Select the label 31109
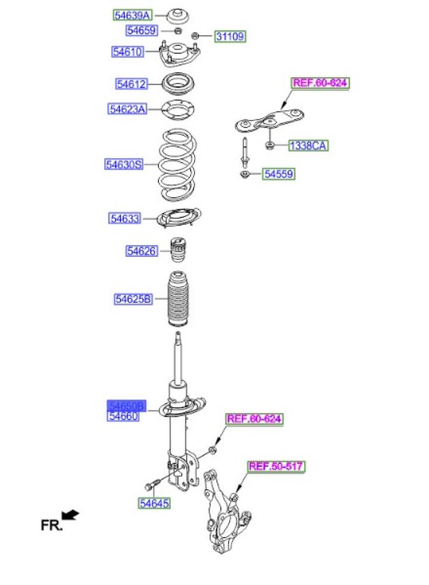[230, 37]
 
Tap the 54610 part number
[128, 52]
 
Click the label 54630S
[124, 165]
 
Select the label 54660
[123, 416]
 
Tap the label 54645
[154, 503]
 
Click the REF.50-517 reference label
[277, 466]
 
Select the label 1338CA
[307, 145]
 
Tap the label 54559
[278, 174]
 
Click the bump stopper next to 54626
[178, 250]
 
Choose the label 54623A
[127, 108]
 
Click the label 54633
[124, 218]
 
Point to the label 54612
[131, 84]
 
